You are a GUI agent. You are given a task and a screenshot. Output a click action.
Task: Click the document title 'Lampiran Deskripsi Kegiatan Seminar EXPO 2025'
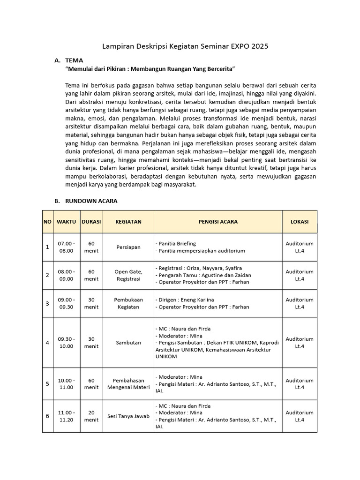186,46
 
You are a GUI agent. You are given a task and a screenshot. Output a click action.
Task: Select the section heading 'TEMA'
74,60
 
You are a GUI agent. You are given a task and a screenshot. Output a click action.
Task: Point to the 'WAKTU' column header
66,222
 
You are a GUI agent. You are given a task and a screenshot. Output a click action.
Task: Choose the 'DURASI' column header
91,222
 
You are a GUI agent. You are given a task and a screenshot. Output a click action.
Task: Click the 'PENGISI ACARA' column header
218,222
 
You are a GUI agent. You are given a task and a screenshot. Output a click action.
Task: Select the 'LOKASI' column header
299,222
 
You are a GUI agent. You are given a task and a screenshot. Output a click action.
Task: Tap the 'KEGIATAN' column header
128,222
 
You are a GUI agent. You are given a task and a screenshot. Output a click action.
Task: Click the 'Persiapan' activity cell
128,247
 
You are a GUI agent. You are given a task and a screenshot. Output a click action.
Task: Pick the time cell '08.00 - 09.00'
66,275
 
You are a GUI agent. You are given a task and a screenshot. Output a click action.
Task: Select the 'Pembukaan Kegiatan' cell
128,303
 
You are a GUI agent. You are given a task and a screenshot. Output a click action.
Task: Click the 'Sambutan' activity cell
128,343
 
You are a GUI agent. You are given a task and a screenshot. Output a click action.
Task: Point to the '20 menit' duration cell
91,416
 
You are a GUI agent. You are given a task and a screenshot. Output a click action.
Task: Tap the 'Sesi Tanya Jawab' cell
128,416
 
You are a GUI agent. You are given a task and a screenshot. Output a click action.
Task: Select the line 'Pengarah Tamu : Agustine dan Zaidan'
203,275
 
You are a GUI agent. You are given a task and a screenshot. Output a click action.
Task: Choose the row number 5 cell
47,384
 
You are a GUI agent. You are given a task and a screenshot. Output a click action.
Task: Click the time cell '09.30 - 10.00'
66,343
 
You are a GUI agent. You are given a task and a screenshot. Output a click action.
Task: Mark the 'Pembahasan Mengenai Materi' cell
128,384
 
